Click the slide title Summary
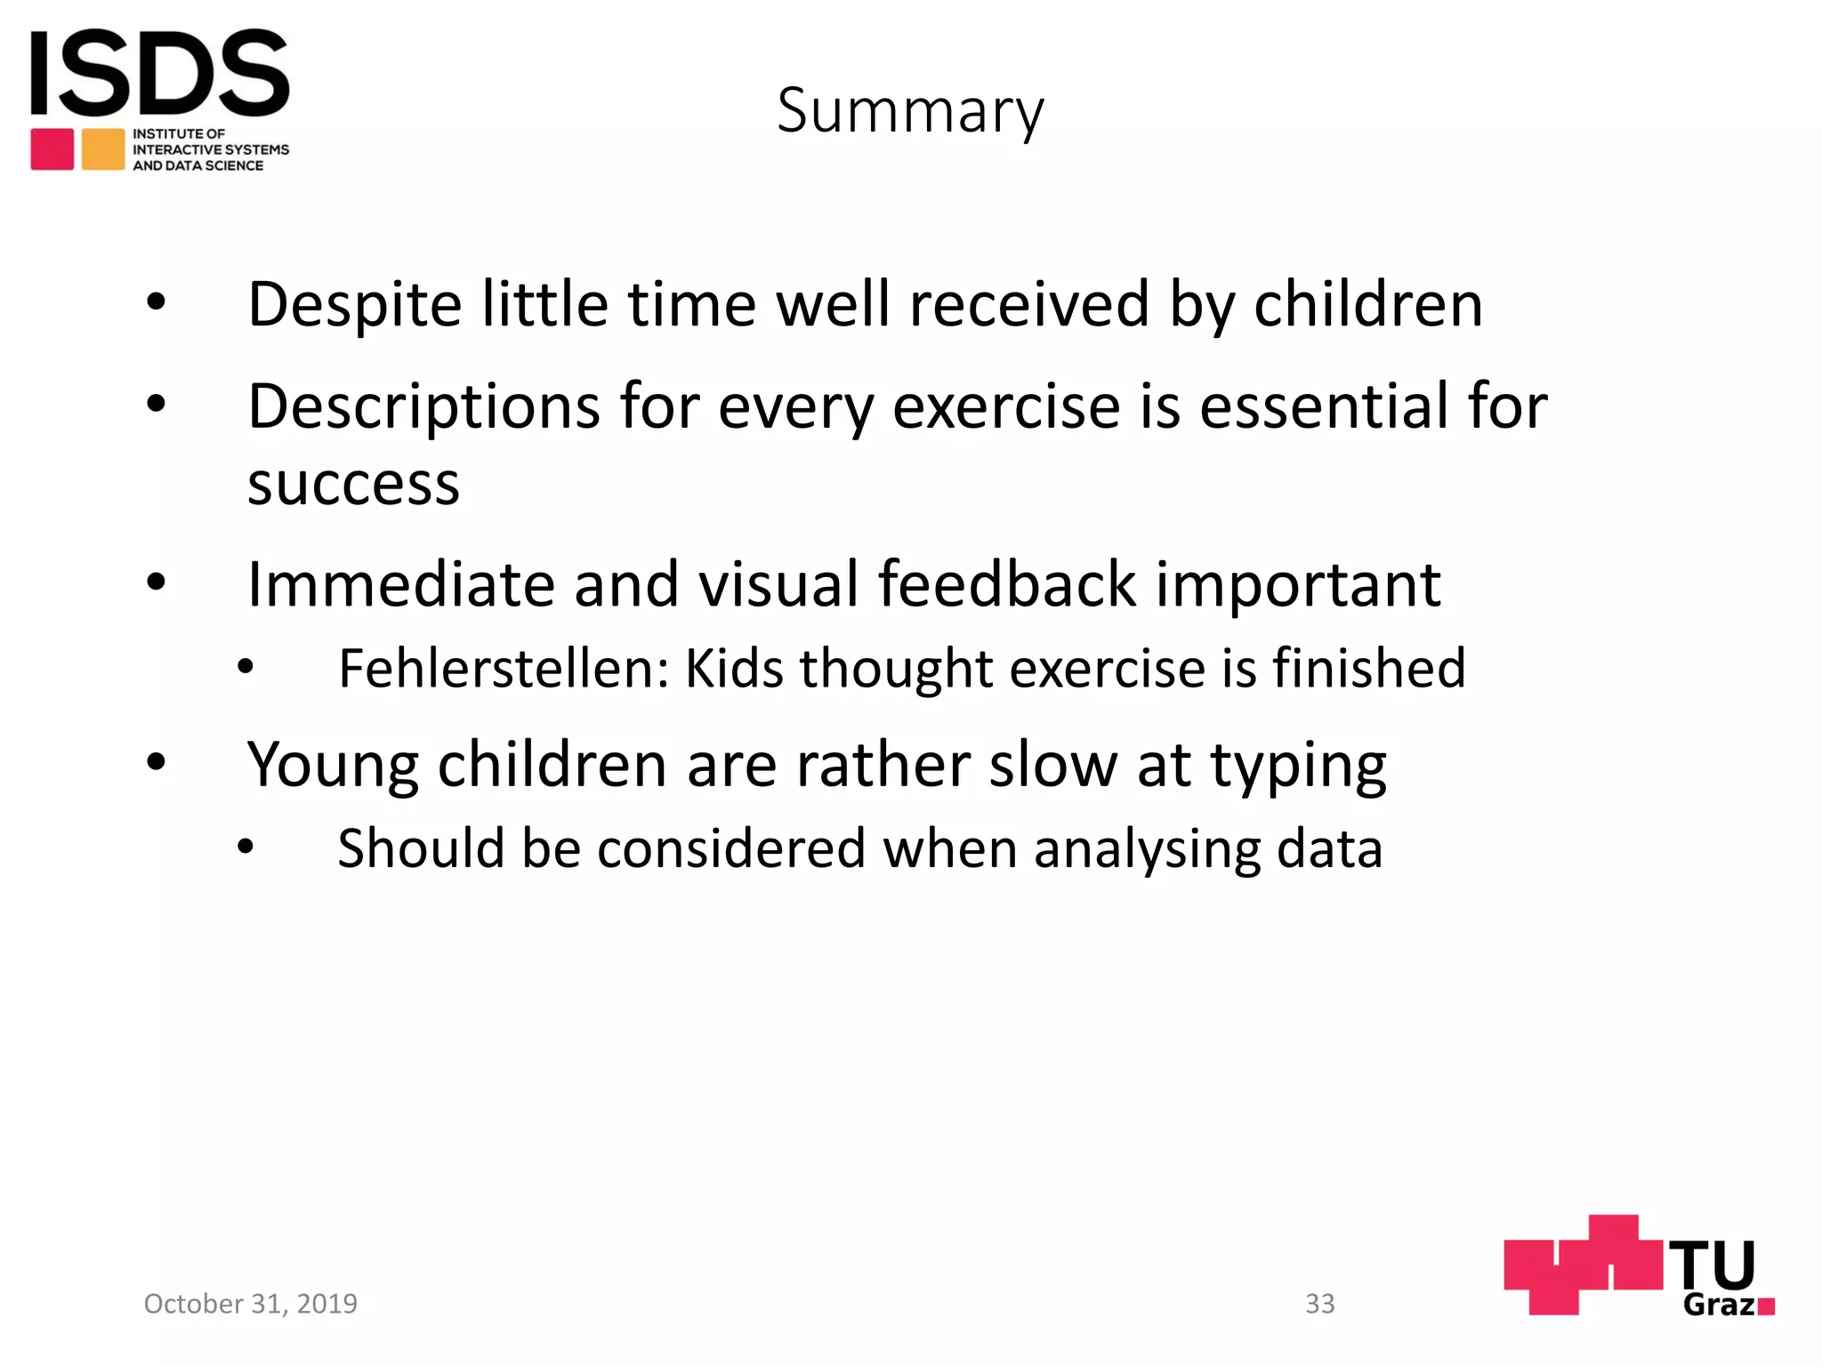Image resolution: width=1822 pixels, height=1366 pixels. point(910,111)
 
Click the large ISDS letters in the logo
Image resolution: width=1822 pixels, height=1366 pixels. point(160,73)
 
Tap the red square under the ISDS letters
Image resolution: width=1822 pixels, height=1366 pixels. point(52,149)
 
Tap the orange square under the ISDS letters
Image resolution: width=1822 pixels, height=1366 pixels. point(103,149)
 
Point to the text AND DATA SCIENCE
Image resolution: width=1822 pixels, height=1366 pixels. point(198,166)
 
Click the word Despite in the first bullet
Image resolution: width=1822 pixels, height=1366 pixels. point(354,306)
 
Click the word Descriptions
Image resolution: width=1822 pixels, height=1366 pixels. point(423,407)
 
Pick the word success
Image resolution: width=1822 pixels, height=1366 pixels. point(353,485)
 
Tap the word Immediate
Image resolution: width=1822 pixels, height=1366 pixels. point(399,585)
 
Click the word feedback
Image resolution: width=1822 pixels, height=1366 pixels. point(1007,585)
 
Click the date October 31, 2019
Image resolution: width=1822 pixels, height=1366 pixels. point(251,1304)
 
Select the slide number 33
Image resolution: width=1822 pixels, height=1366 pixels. point(1319,1304)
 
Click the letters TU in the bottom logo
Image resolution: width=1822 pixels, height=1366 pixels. point(1711,1264)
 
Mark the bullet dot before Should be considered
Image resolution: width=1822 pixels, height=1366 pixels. point(246,847)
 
